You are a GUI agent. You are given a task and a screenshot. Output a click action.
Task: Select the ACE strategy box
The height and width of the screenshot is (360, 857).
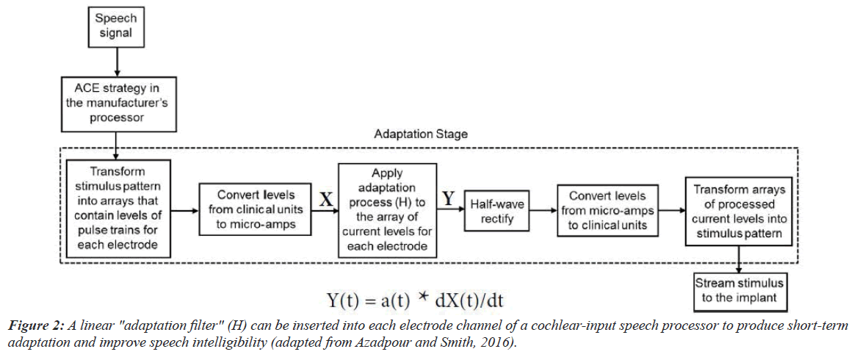point(117,104)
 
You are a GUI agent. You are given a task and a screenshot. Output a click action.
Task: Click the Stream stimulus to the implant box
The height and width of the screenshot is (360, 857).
point(739,290)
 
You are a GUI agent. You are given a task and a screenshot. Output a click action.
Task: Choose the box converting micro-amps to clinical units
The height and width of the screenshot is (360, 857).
point(607,210)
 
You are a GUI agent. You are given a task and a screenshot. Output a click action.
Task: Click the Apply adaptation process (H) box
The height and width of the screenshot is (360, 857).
point(387,210)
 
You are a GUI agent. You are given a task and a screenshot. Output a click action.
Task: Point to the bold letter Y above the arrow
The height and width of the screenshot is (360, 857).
point(448,198)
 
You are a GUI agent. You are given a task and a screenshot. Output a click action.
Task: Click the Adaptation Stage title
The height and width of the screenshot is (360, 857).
point(421,134)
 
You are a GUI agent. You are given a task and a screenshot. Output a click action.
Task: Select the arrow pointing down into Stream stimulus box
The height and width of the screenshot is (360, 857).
point(739,262)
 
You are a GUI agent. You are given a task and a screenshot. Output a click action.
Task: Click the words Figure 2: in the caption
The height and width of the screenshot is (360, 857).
point(35,325)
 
